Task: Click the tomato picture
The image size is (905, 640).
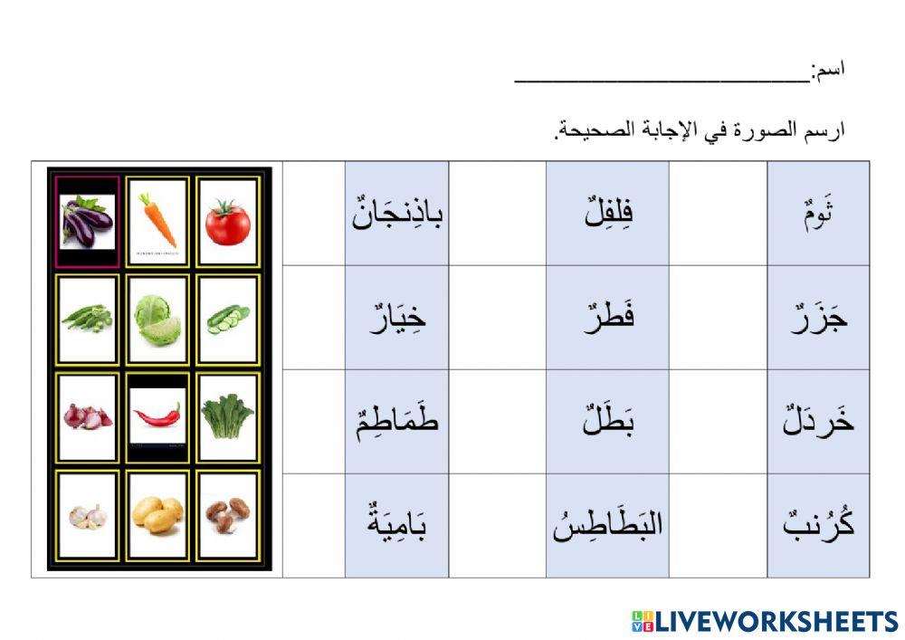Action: (x=227, y=223)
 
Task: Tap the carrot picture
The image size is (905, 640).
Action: (x=157, y=220)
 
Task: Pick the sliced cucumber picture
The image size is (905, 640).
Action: (x=227, y=319)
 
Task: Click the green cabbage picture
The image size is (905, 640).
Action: (x=157, y=320)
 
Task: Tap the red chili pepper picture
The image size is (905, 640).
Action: (x=157, y=416)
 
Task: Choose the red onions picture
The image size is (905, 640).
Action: (x=87, y=416)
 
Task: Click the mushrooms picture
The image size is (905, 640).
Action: (x=227, y=514)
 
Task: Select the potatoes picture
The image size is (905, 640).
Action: (x=157, y=514)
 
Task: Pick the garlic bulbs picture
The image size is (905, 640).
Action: (x=87, y=515)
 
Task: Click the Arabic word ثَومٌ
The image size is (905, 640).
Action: (x=818, y=217)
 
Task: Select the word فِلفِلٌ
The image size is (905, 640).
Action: (x=607, y=216)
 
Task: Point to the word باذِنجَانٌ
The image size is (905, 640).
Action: (x=397, y=216)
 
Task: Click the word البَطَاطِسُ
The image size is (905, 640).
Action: (x=607, y=524)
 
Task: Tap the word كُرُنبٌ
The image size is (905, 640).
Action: (x=818, y=524)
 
